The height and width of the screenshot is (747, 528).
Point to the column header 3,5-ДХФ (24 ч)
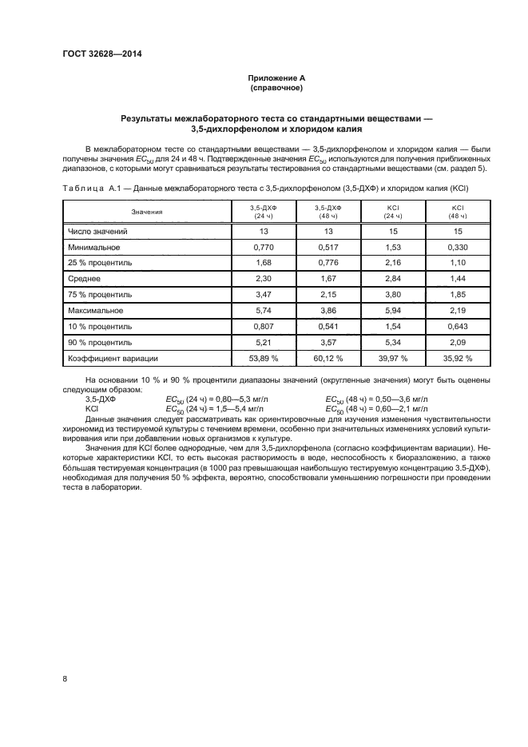pos(263,212)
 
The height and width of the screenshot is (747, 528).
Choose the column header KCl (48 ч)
pos(458,212)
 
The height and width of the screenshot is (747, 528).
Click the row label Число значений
pos(98,231)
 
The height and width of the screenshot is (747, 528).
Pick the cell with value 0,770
pos(263,248)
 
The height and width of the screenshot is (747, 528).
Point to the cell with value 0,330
pos(458,248)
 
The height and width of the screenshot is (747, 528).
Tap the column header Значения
pos(147,212)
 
